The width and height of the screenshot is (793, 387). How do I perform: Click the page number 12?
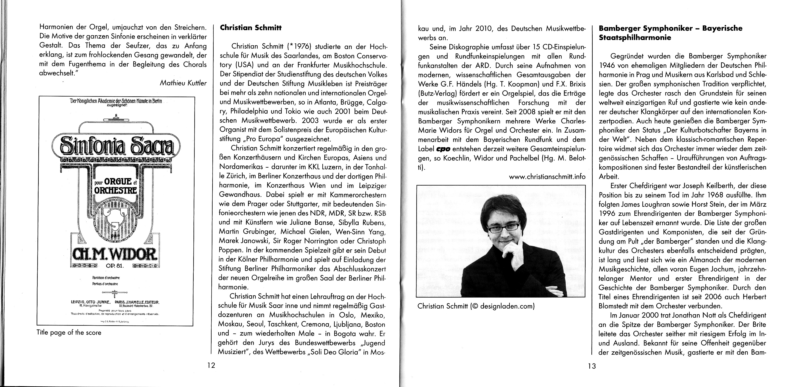pos(211,366)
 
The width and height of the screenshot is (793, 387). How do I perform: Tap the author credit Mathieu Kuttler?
pos(183,83)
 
